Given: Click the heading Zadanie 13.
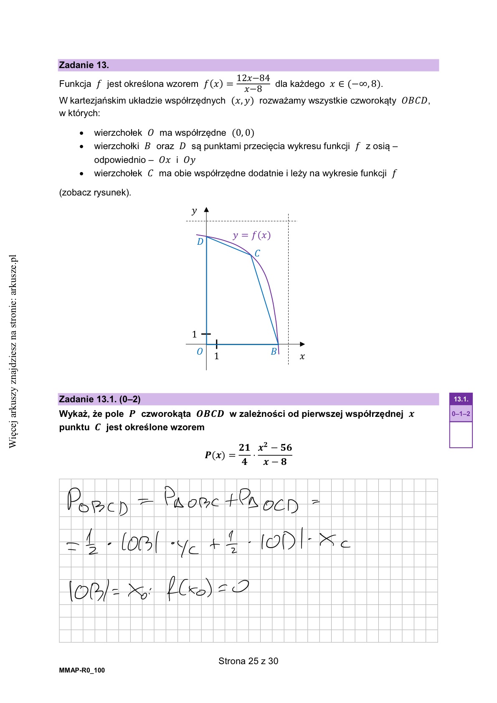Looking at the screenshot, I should pos(84,65).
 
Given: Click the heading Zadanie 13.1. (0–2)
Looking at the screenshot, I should pos(100,399).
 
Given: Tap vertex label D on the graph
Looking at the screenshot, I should pos(200,242).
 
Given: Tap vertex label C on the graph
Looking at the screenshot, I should pos(257,254).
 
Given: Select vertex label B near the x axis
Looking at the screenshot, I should pos(274,352).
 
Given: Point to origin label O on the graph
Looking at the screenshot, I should pos(200,352).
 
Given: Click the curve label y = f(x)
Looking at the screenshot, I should pos(251,235).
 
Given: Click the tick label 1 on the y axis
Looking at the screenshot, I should pos(194,334).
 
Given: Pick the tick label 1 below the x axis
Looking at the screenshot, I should pos(216,356).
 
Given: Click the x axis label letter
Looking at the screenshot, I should pos(302,357).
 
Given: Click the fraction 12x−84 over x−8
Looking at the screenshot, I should pos(253,84).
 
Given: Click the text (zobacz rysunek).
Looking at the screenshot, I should pos(95,193).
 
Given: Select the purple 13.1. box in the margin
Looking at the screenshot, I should pos(461,399).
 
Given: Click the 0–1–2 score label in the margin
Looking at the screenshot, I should pos(461,414).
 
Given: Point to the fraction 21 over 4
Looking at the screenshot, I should pos(244,454).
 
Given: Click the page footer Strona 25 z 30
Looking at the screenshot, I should pos(248,661).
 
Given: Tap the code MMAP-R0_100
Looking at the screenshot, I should pos(82,670).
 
